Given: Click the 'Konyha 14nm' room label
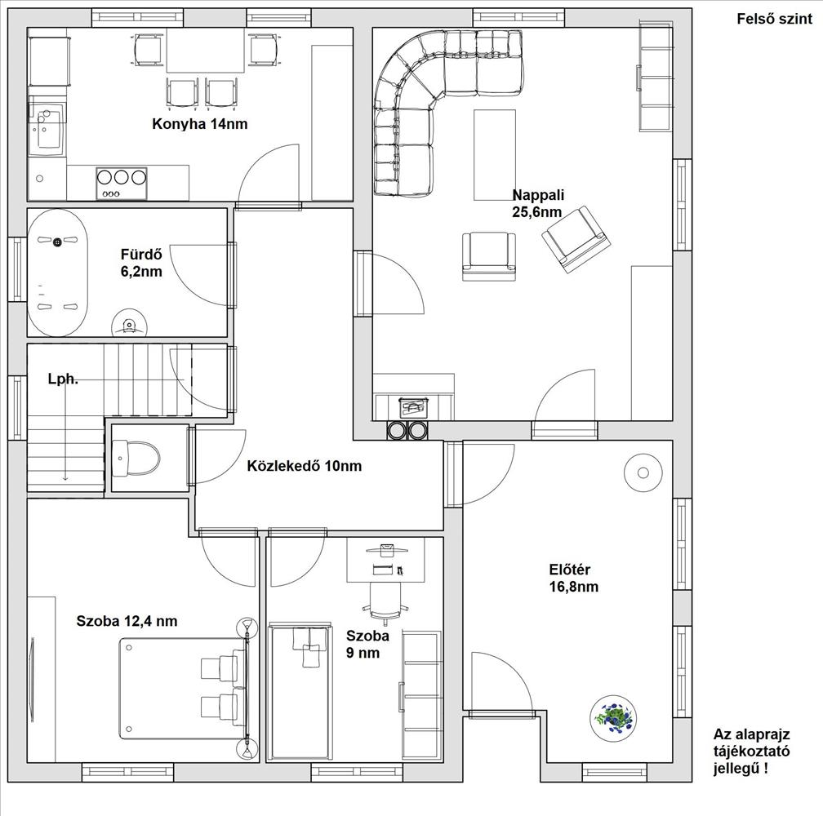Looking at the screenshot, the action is (199, 124).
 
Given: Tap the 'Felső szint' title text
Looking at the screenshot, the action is (774, 19).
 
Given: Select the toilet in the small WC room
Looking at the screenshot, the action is (136, 458).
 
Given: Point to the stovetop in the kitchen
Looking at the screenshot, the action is (121, 183).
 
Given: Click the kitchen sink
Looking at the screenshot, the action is (47, 126).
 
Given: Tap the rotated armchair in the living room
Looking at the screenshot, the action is (576, 238).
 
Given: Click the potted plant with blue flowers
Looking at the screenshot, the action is (613, 717).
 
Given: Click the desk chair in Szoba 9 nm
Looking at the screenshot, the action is (385, 603).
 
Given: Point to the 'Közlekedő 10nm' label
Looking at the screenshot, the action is (305, 466).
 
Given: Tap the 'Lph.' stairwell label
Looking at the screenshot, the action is (63, 379).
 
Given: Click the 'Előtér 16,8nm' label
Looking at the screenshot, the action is (574, 578).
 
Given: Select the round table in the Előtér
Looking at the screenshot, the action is (643, 473).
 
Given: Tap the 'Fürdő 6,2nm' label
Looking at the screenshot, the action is (141, 263).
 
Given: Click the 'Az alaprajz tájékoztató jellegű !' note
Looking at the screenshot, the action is (751, 752).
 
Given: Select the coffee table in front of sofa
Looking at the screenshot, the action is (495, 155).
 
